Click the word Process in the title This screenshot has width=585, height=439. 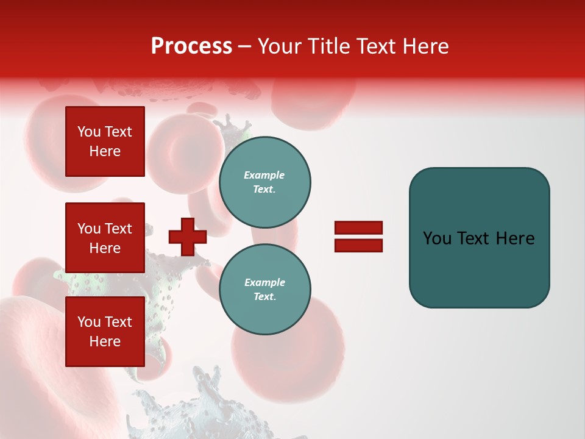[191, 46]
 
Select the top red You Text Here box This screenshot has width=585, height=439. [105, 141]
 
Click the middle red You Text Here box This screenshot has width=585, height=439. [105, 238]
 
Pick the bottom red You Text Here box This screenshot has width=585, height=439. [105, 332]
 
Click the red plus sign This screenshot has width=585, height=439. [188, 237]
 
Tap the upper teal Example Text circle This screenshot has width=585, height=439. [264, 182]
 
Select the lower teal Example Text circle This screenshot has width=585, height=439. [264, 290]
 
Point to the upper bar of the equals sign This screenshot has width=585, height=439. [358, 227]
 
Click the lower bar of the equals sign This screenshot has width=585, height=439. [358, 246]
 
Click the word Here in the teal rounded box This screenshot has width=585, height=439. [515, 238]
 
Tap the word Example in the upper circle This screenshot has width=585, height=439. [264, 175]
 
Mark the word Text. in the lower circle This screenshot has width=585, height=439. [264, 297]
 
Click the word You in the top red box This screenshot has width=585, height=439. [88, 132]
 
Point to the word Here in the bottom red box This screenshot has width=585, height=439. [105, 341]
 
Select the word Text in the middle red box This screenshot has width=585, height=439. [118, 229]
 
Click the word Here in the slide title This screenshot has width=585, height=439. [427, 46]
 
